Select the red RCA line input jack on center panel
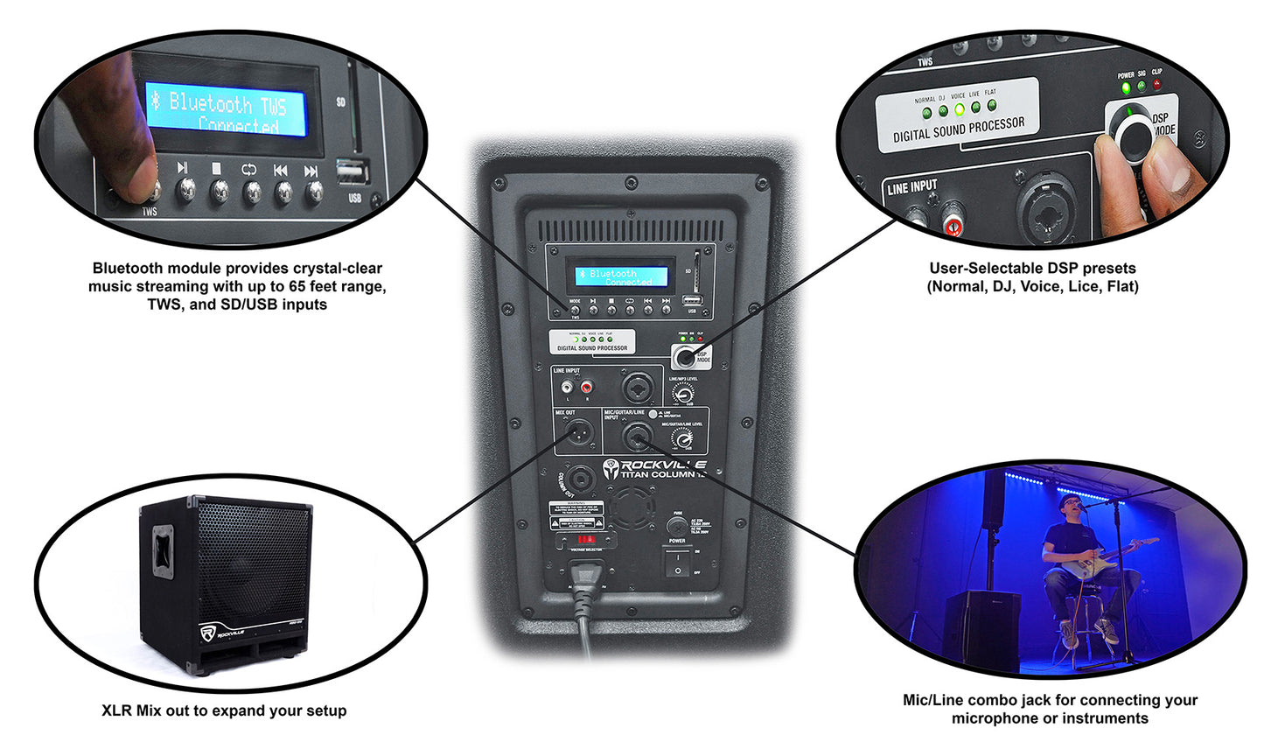585,386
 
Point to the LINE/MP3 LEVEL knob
683,394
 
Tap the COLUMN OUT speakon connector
580,479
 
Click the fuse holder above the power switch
676,526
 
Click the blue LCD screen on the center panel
621,277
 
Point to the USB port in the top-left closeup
352,171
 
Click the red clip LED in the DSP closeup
1157,85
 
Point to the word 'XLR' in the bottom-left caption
116,710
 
